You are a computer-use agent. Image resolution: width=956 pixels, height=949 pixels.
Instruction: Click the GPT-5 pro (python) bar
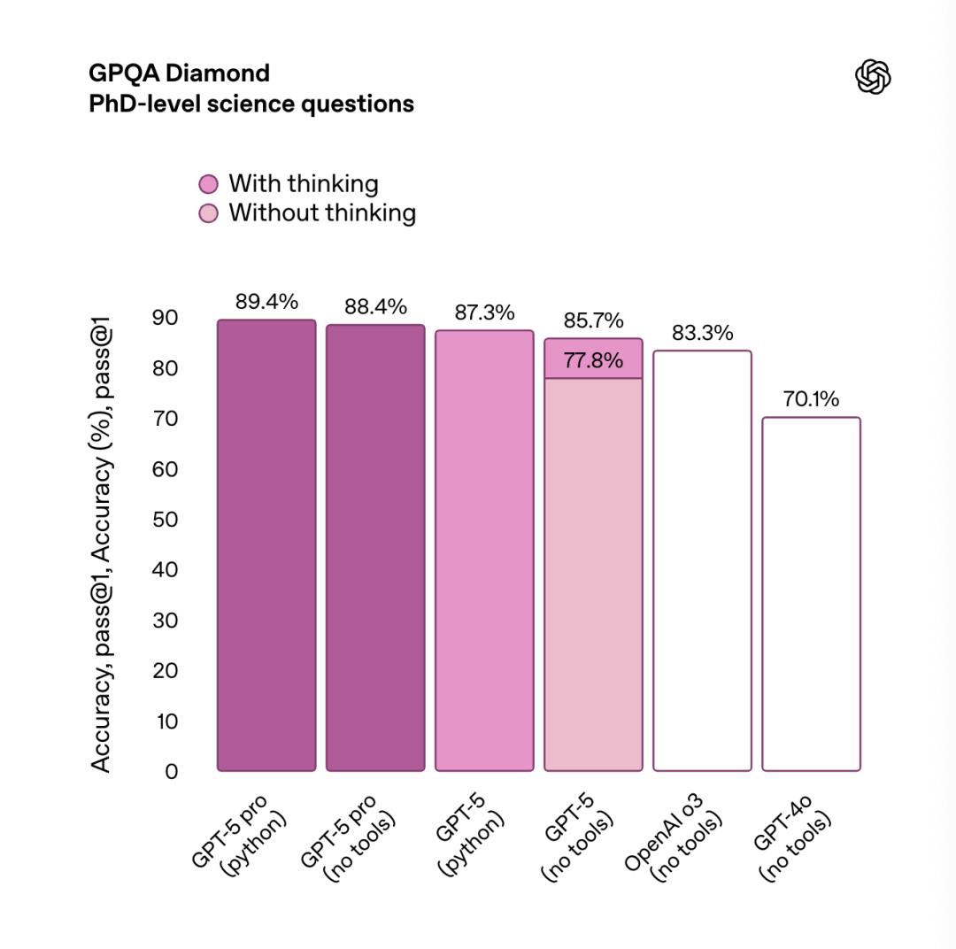coord(266,544)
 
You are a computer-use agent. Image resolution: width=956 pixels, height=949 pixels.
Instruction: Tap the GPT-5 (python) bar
coord(484,550)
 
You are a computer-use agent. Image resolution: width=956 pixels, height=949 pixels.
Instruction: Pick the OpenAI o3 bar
coord(702,560)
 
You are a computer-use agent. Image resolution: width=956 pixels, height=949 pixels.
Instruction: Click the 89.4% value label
coord(266,302)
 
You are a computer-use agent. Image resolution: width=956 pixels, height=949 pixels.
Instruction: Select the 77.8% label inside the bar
coord(593,360)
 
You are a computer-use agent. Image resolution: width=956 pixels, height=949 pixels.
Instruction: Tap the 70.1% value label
coord(811,399)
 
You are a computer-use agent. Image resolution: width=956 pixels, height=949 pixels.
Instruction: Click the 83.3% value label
coord(702,333)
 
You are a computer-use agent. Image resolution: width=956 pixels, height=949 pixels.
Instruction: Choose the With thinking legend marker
coord(208,184)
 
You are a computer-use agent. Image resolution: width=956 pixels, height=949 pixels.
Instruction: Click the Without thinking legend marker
coord(208,213)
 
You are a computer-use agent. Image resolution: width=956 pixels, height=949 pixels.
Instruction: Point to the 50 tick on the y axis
coord(166,519)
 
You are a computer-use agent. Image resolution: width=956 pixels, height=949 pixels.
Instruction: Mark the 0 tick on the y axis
coord(171,771)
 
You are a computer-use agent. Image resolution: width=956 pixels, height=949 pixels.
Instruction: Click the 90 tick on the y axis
coord(166,317)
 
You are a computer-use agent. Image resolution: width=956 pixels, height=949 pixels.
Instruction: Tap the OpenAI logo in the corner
coord(873,77)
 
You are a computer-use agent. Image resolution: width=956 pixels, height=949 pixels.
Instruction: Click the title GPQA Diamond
coord(179,73)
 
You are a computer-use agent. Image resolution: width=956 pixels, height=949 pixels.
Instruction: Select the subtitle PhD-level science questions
coord(251,104)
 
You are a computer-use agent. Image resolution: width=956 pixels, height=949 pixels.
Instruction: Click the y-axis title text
coord(103,549)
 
